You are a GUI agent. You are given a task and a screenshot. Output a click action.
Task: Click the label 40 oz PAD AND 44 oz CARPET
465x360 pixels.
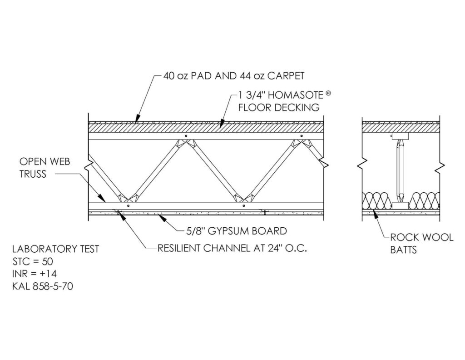tap(234, 75)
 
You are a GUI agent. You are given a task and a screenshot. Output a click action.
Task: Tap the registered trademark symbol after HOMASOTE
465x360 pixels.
tap(328, 93)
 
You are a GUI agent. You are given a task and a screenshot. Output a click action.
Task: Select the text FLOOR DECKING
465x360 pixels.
tap(279, 107)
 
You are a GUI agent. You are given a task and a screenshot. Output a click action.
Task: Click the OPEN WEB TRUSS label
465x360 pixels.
tap(45, 167)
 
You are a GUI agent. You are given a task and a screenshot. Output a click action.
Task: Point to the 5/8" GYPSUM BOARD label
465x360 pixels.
tap(236, 231)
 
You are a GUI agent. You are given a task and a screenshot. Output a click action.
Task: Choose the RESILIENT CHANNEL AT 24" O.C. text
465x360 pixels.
tap(232, 248)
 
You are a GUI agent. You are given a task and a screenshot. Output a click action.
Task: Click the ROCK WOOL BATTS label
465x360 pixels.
tap(422, 243)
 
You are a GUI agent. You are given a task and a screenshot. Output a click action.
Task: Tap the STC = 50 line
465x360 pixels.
tap(33, 261)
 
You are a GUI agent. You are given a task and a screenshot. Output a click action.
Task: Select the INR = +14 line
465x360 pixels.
tap(35, 274)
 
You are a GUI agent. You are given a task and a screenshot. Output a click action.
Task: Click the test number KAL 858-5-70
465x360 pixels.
tap(43, 286)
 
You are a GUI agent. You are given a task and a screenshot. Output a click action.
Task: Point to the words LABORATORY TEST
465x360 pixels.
tap(56, 249)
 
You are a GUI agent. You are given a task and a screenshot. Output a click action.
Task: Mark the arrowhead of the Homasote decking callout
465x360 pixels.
tap(222, 124)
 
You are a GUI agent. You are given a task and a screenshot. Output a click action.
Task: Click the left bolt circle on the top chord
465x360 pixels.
tap(186, 136)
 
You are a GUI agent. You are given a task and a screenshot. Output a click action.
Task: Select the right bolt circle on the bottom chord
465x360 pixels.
tap(243, 205)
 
